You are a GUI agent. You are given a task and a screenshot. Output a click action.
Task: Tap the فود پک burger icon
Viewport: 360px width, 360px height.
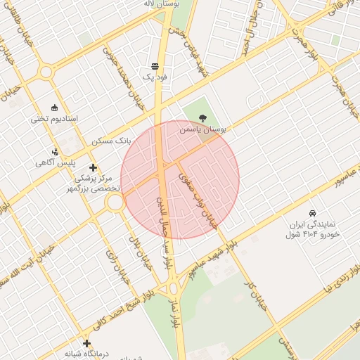tap(155, 65)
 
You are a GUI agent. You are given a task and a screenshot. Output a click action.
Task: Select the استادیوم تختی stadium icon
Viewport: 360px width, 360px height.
tap(56, 107)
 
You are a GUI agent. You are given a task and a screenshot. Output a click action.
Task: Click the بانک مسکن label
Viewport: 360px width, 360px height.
tap(111, 141)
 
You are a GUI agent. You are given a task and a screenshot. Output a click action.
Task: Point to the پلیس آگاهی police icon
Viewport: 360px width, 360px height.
tap(56, 151)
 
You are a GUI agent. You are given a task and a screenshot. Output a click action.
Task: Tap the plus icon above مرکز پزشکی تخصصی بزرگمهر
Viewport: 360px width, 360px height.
tap(93, 167)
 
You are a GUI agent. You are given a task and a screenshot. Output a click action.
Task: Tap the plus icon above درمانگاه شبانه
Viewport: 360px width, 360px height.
tap(86, 343)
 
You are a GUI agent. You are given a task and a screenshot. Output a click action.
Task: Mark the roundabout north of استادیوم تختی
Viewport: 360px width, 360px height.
tap(46, 71)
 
